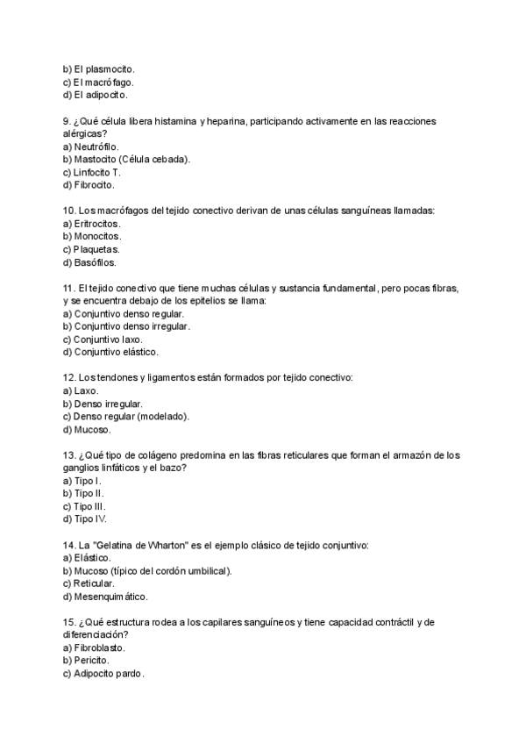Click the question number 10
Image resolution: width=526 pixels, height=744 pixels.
tap(69, 211)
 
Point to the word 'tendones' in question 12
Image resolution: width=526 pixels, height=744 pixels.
tap(121, 377)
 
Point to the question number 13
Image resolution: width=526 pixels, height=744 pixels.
tap(69, 455)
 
